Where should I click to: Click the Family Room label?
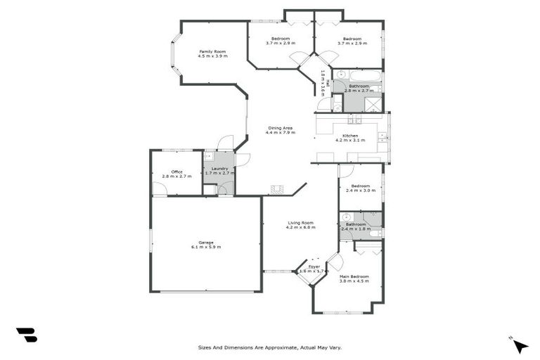[212, 51]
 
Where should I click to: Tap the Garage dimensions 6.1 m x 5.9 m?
[206, 247]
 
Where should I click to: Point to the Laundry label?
[219, 168]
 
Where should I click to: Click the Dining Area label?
[280, 128]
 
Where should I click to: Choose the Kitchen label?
[350, 135]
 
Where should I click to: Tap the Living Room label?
[300, 222]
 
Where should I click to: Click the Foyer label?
[314, 266]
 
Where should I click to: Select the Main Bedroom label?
[354, 276]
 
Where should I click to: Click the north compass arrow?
[520, 345]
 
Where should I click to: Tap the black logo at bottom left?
[26, 335]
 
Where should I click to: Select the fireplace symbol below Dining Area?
[278, 189]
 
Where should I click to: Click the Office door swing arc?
[160, 188]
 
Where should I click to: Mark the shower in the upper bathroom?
[374, 105]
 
